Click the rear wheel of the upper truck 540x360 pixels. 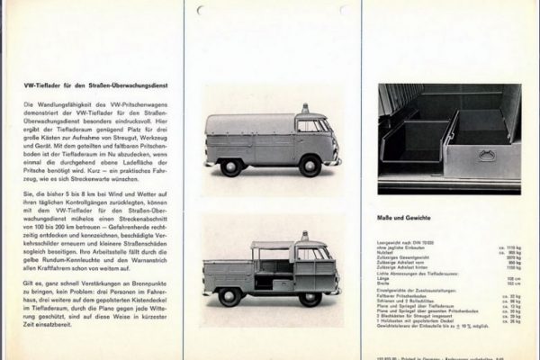[231, 166]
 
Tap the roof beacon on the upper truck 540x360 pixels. [305, 109]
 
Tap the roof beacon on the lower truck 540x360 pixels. [304, 237]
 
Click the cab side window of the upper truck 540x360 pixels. [308, 127]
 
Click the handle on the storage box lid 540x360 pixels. [488, 156]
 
